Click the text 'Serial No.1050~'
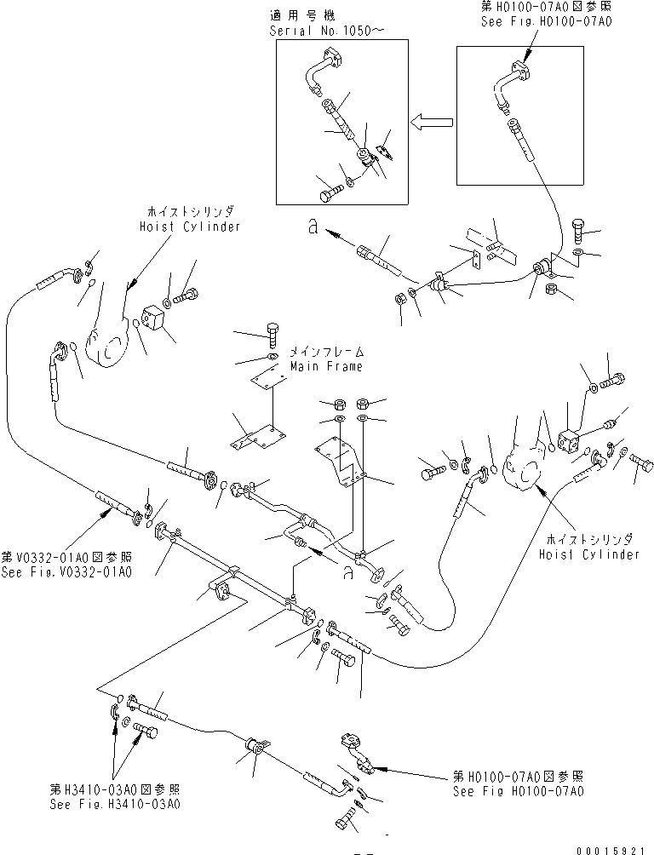[314, 30]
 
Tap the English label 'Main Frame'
[326, 366]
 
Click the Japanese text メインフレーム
[327, 352]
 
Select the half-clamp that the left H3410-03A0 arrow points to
[116, 712]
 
